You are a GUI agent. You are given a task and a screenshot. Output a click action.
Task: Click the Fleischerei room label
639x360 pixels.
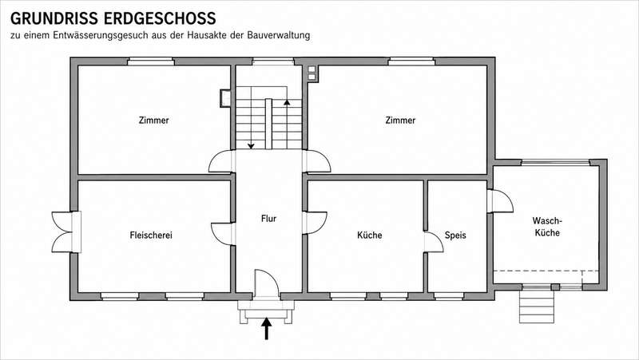151,235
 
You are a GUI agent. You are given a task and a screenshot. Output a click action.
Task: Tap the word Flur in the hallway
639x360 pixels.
268,219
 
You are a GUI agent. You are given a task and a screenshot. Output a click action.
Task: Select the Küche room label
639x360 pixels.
370,235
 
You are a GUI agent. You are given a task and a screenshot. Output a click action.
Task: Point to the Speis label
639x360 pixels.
455,235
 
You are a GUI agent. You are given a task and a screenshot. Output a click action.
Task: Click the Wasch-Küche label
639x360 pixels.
547,227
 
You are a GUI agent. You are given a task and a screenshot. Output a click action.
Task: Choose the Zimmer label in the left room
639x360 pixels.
153,121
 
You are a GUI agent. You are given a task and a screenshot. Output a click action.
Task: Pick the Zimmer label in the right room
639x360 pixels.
400,121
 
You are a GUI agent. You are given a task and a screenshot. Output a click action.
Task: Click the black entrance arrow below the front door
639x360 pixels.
267,328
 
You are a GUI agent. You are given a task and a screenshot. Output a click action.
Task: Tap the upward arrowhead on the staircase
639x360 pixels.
287,102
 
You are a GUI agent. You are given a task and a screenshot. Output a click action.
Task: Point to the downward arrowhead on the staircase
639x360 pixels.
251,145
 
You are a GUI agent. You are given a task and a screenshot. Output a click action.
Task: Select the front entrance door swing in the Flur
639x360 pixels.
267,283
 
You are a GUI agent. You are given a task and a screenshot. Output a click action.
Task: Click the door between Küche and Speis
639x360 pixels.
434,242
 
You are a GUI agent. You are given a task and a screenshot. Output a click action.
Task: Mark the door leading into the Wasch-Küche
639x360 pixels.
500,201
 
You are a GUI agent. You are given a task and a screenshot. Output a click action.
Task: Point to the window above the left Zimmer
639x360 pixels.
151,61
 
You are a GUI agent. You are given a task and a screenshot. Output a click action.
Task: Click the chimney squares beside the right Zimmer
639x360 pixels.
312,73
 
